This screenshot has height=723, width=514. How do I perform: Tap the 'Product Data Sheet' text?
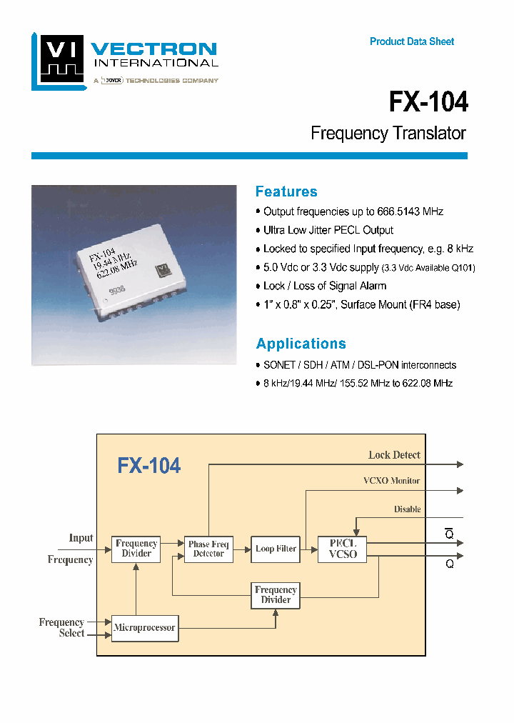(412, 41)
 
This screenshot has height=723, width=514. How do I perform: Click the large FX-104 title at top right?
(428, 102)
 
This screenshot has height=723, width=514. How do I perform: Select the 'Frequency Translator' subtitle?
(388, 134)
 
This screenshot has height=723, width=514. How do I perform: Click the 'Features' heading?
(286, 191)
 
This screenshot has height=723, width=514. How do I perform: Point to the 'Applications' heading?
(301, 344)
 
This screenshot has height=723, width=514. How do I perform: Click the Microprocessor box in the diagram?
(144, 627)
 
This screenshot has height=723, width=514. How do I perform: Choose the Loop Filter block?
(276, 549)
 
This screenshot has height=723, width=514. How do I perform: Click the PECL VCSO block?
(342, 548)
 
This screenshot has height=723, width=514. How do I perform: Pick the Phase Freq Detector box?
(208, 549)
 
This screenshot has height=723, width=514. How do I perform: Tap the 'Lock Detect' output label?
(394, 455)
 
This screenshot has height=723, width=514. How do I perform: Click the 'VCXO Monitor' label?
(391, 482)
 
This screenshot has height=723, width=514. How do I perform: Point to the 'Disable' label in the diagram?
(407, 509)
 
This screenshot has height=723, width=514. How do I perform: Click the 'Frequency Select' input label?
(62, 627)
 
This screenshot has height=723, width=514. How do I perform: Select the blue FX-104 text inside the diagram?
(148, 466)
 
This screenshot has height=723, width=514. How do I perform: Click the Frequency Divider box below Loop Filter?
(276, 594)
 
